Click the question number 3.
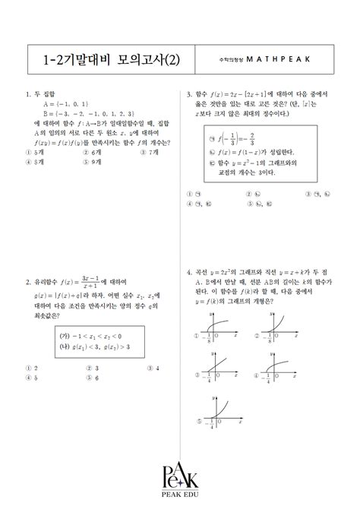click(x=188, y=95)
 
